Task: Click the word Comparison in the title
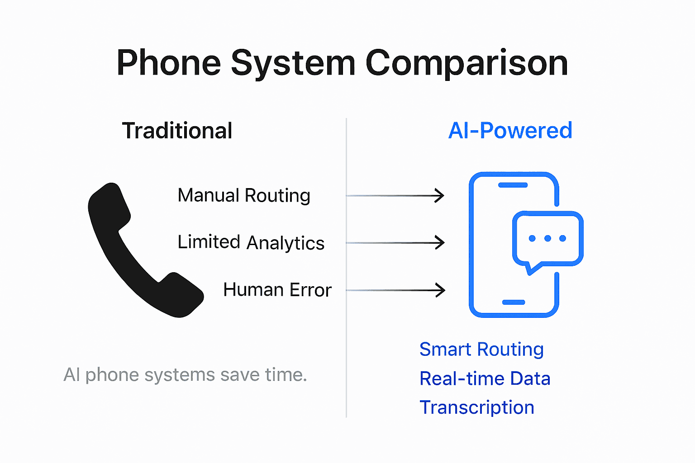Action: pos(467,63)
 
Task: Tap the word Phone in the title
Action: pos(169,63)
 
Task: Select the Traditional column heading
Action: pos(177,131)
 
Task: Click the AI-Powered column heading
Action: pos(510,131)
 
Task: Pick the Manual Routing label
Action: pos(244,196)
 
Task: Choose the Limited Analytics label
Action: pos(251,243)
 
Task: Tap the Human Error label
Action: pos(277,290)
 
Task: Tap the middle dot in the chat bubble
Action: pos(547,238)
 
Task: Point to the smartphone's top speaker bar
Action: pos(513,185)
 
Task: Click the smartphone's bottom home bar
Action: pos(514,302)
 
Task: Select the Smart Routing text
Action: pos(481,350)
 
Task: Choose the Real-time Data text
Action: pos(485,379)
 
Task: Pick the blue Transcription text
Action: pos(477,408)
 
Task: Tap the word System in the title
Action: pos(293,63)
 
